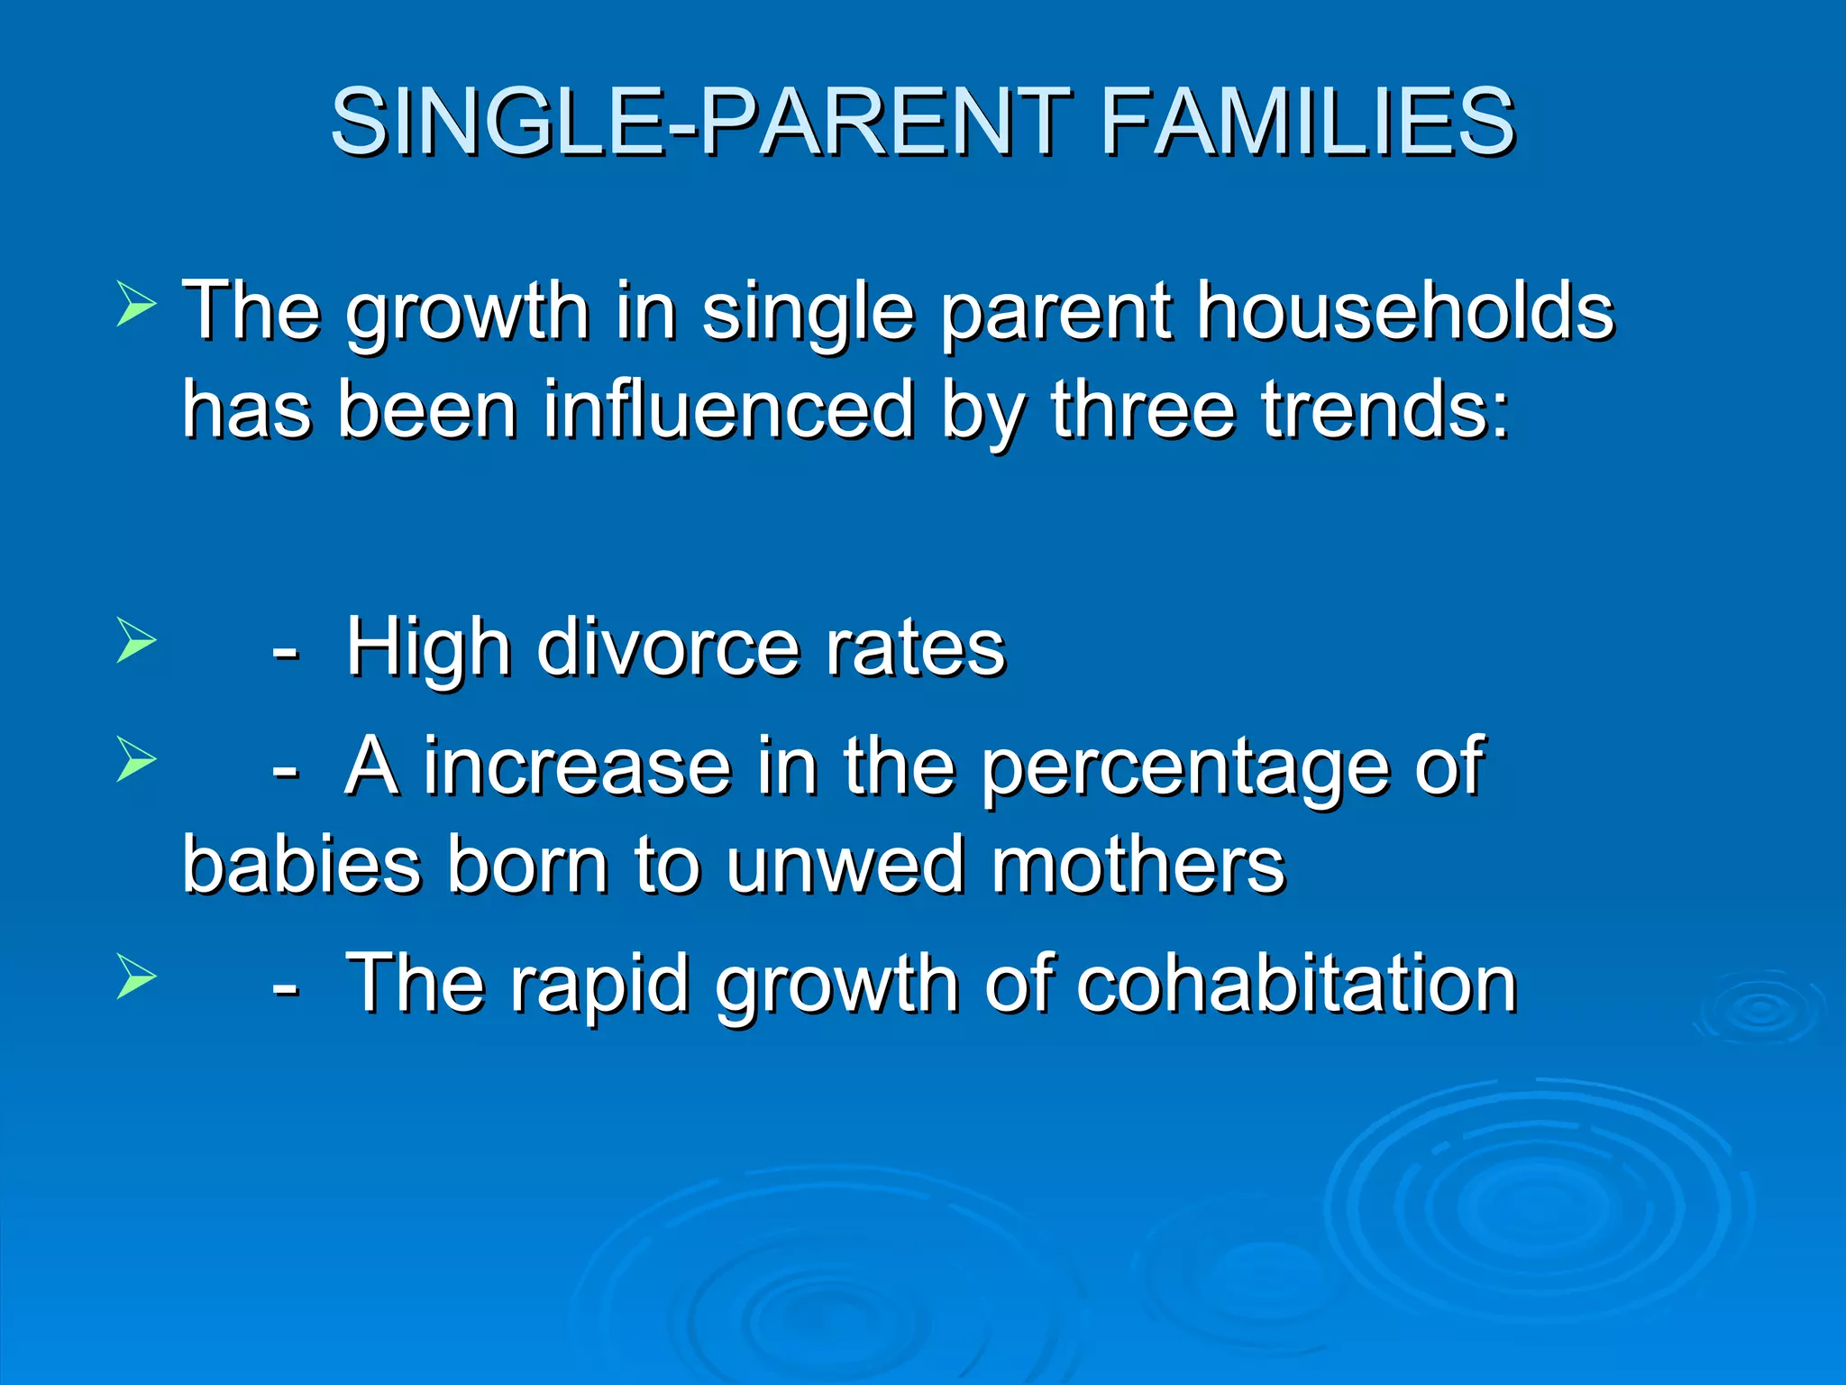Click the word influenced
728,410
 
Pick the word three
1143,410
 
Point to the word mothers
1138,866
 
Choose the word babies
301,866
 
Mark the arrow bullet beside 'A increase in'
136,759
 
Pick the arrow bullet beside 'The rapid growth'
136,977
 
